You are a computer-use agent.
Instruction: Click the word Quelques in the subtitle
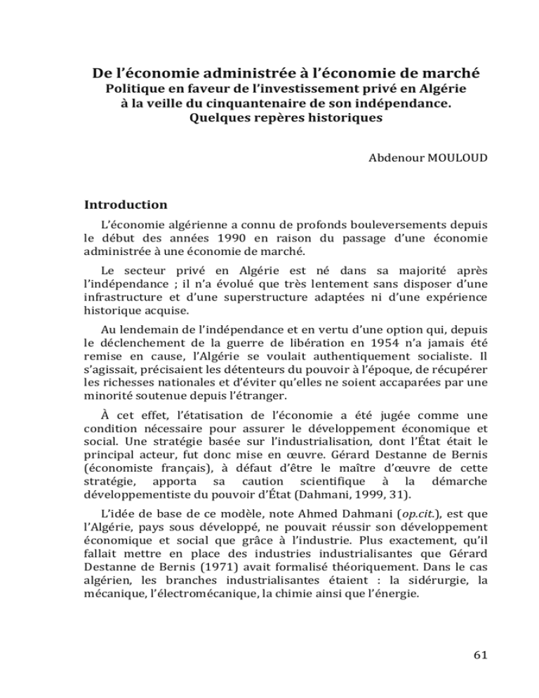215,119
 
